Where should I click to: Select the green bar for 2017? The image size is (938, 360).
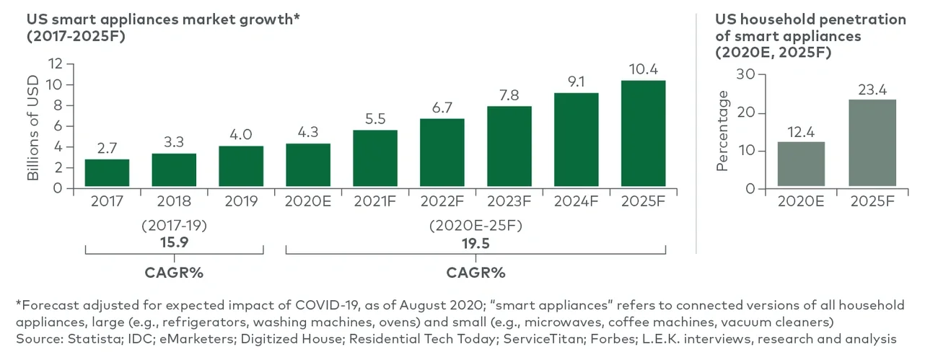107,173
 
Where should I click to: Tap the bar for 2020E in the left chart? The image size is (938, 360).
308,165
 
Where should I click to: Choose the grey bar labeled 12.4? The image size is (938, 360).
801,164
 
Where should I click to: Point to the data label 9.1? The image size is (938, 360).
576,82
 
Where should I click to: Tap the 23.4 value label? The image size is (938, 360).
872,89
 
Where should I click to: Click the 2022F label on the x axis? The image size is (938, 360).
442,201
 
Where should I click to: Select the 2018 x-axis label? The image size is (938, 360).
174,201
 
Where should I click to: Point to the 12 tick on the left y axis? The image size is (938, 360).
56,63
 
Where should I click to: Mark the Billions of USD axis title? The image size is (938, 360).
32,126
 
